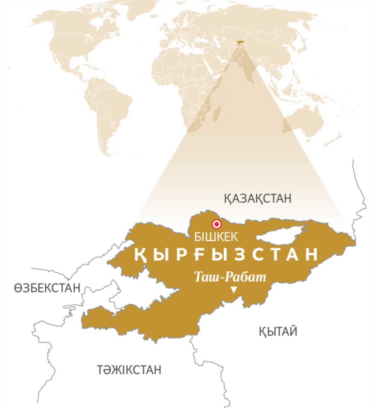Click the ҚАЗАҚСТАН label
coord(258,199)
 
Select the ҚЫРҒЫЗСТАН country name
coord(226,254)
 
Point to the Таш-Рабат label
coord(230,277)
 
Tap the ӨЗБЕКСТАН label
coord(47,288)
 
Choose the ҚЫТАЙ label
coord(278,331)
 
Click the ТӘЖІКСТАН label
coord(129,370)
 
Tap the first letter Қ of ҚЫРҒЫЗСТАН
coord(140,254)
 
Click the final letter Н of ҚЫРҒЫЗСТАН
coord(312,254)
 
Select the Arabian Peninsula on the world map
coord(217,66)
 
